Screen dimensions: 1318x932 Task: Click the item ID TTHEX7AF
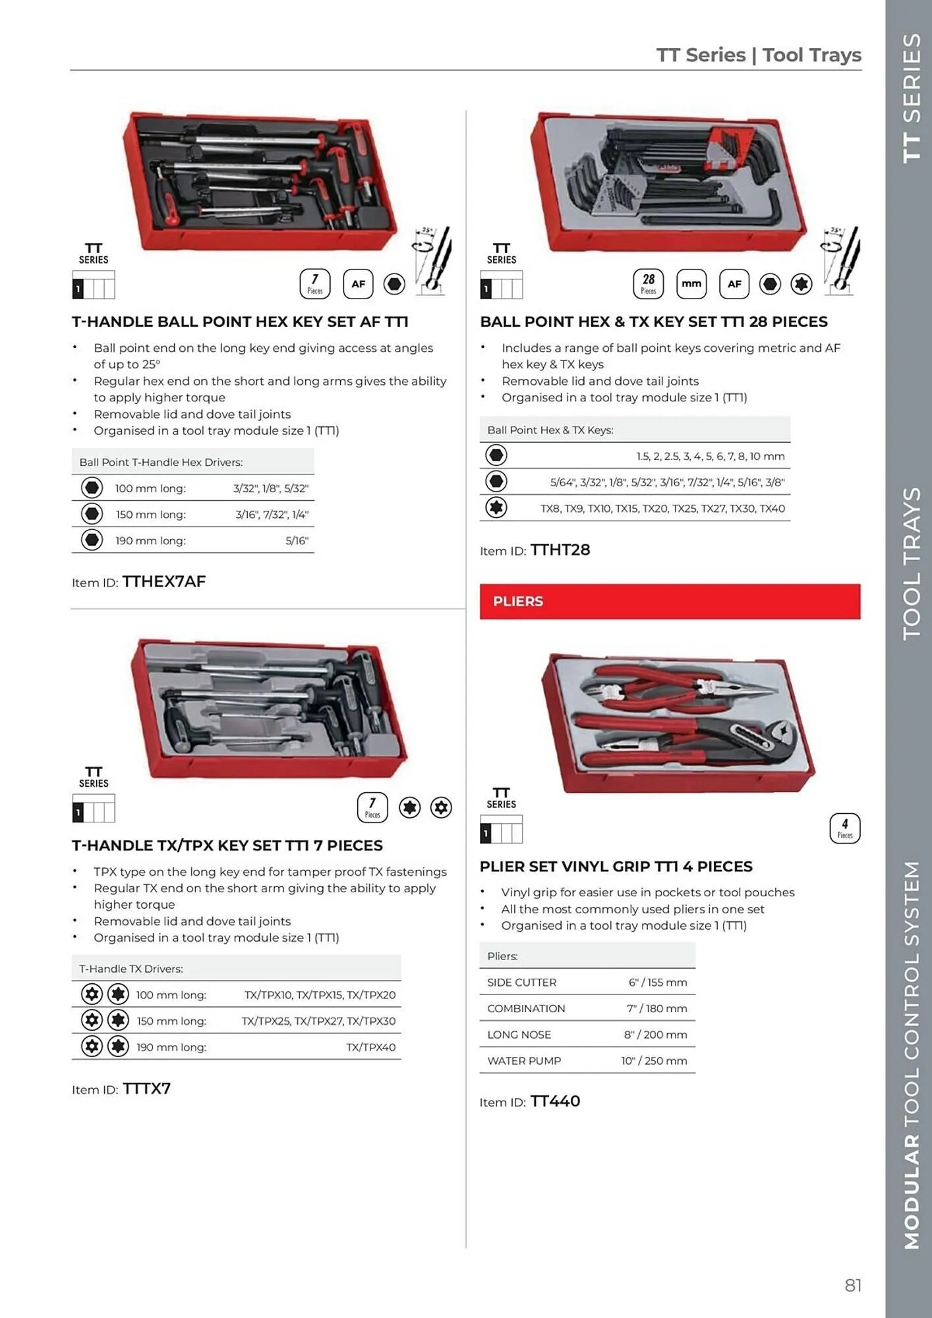pos(164,582)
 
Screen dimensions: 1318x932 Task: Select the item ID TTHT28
pos(560,550)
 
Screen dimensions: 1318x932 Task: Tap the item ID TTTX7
pos(146,1089)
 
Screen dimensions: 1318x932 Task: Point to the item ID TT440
pos(555,1101)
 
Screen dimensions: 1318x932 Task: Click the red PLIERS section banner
pos(669,601)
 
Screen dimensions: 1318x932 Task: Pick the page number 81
pos(853,1285)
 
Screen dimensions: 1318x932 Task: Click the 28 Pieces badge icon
pos(648,283)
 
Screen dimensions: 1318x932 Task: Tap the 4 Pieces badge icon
pos(844,828)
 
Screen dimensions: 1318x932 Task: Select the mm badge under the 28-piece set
pos(691,283)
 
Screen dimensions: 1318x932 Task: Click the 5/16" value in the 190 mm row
pos(297,540)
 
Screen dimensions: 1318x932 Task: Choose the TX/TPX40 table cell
pos(370,1047)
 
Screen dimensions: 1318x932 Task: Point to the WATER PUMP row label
pos(524,1061)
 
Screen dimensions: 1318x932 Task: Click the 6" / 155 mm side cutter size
pos(657,983)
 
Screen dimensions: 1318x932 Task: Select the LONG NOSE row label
pos(519,1035)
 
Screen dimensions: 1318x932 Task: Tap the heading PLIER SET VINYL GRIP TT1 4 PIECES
pos(616,867)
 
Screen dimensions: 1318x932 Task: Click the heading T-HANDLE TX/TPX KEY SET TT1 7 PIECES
pos(227,845)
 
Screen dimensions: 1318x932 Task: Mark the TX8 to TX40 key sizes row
pos(662,509)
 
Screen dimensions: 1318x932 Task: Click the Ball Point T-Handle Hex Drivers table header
pos(161,462)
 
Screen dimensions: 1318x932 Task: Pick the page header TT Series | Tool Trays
pos(758,55)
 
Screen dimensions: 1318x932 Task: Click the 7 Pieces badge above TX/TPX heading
pos(372,807)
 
